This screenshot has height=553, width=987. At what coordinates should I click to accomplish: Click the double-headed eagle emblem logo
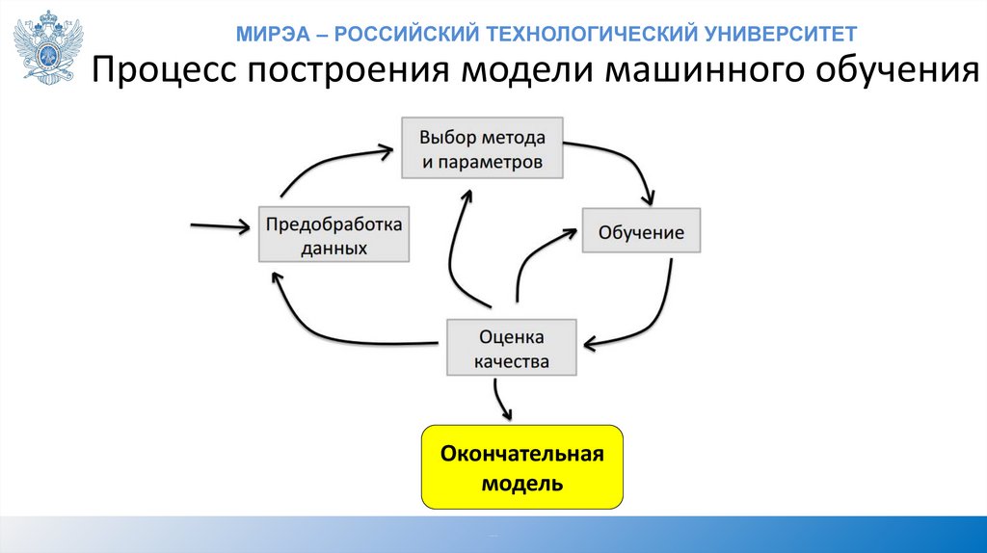click(x=49, y=46)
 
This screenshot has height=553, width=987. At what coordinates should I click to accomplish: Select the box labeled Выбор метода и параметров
click(x=481, y=148)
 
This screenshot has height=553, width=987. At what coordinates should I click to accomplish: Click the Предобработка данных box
click(x=333, y=234)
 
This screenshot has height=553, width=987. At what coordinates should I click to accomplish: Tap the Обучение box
click(x=641, y=232)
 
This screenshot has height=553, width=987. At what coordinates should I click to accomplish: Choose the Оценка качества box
click(x=512, y=349)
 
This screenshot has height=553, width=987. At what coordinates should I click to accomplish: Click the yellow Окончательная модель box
click(x=521, y=466)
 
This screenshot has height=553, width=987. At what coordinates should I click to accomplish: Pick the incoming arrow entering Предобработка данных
click(x=220, y=226)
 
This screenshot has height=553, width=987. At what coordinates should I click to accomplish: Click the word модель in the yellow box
click(x=521, y=482)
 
